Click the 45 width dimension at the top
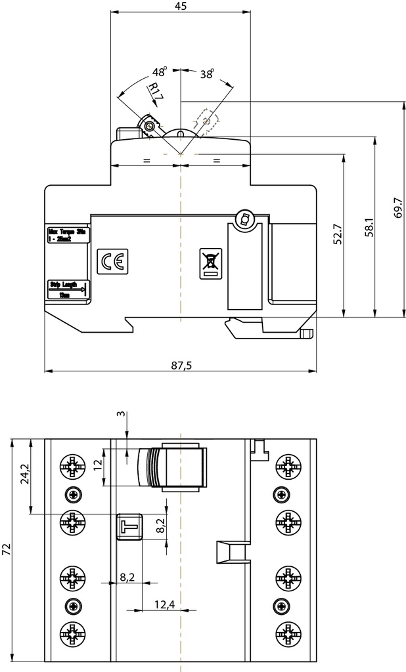coord(181,7)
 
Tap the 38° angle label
coord(207,75)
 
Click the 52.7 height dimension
coord(337,235)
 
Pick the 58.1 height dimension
coord(369,226)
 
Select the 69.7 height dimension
coord(397,209)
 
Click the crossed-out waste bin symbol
coord(210,263)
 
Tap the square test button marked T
coord(129,526)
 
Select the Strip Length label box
coord(68,289)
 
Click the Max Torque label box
coord(67,235)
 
